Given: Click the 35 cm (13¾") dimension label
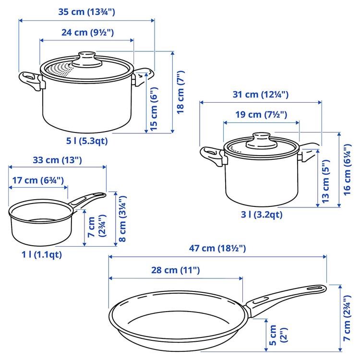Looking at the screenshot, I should point(86,12).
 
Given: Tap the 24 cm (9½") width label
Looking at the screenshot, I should point(87,33).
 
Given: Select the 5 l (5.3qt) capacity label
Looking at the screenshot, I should point(87,141).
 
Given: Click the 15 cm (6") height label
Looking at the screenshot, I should point(154,109).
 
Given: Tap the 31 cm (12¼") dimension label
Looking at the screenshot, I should point(261,95).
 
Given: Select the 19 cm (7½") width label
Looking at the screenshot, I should point(261,115).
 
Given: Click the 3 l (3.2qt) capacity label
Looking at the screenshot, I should point(262,215).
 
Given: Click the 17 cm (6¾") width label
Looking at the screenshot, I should point(38,180).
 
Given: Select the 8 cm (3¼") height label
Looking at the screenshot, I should point(123,218).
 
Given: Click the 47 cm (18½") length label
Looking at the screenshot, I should point(218,248).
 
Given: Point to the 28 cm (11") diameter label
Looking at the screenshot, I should point(176,270).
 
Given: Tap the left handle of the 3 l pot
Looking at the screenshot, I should point(211,155).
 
